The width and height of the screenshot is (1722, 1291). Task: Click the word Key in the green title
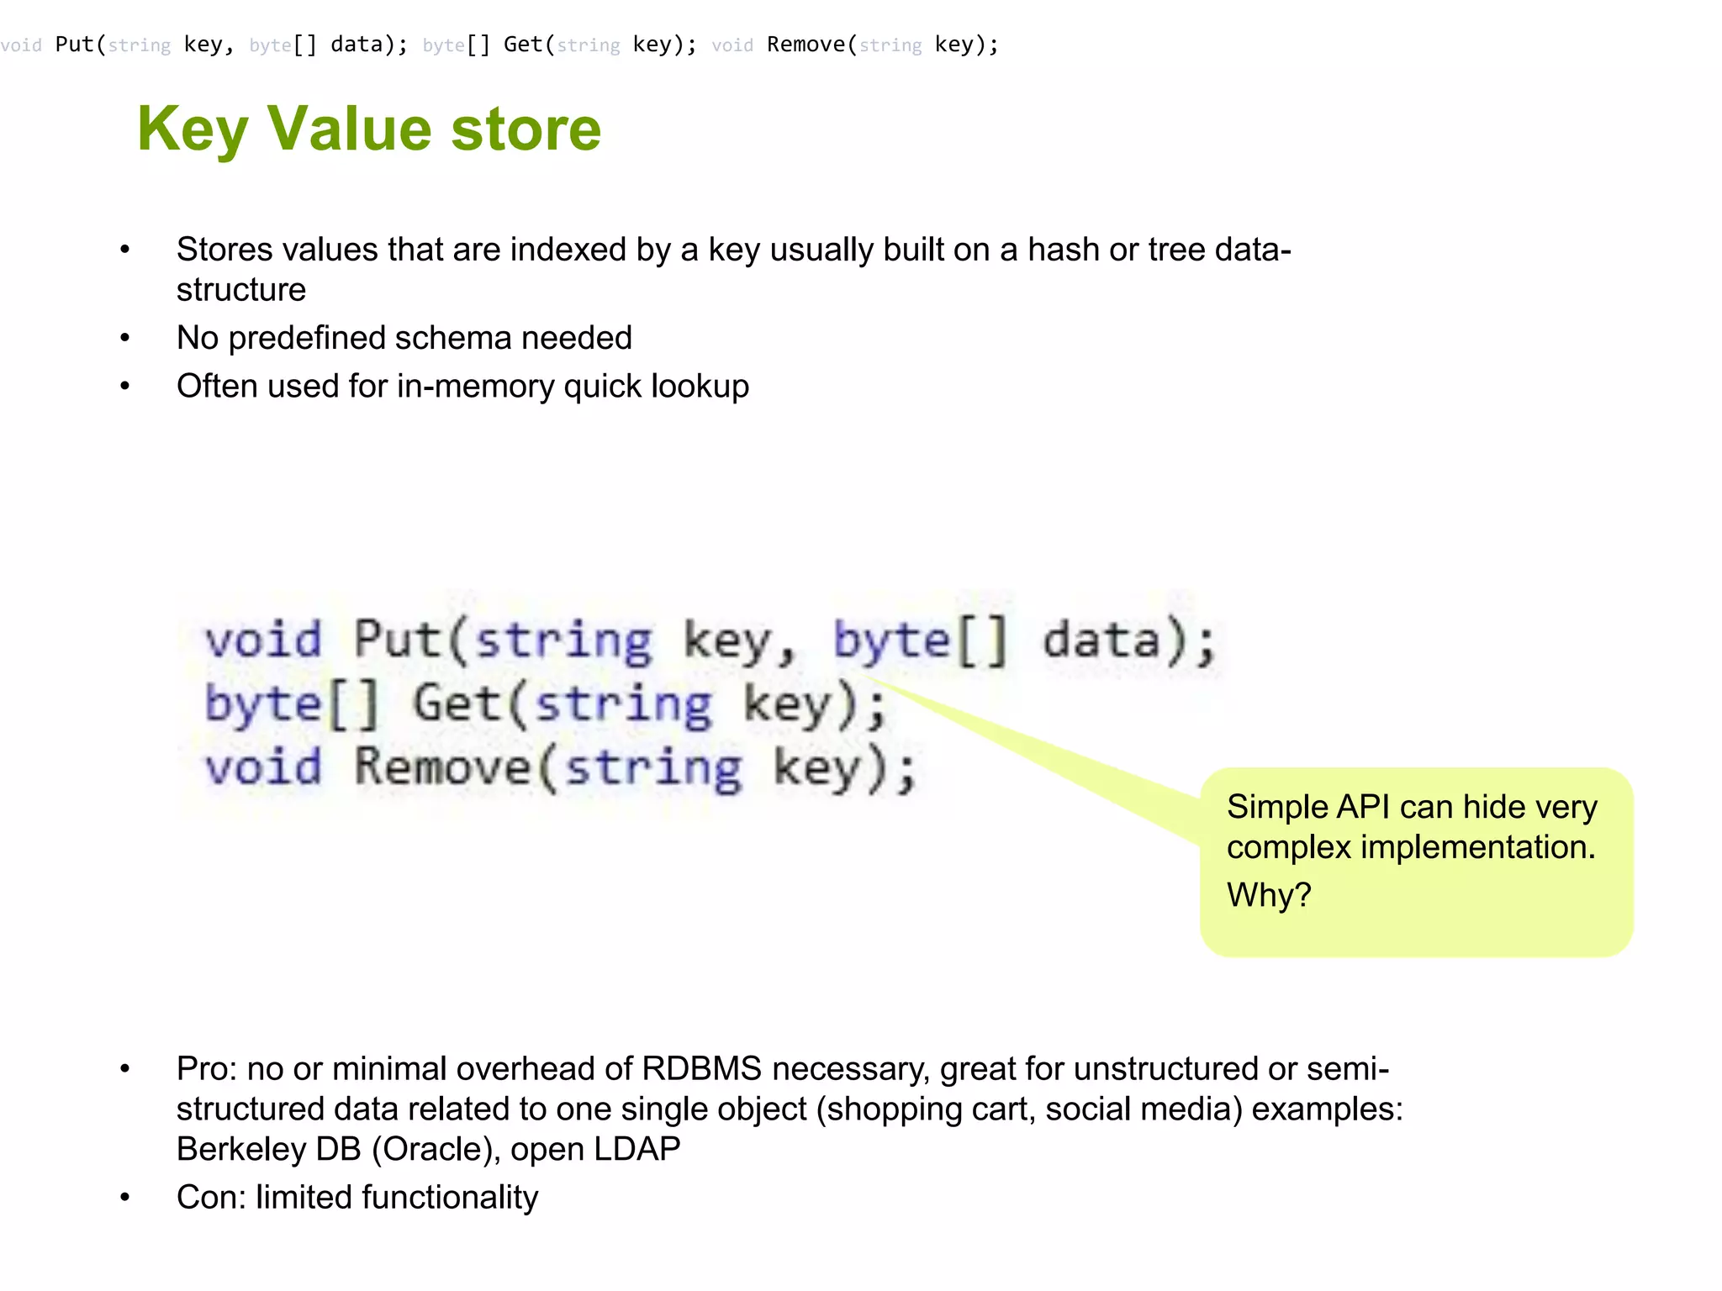pos(193,130)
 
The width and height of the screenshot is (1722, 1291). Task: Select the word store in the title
pos(526,130)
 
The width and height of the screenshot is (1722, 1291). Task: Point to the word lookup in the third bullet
pos(700,387)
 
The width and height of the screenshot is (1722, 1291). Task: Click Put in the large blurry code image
pos(398,640)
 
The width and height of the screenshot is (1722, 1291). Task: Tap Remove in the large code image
pos(442,767)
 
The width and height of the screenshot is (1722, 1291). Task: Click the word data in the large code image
pos(1101,640)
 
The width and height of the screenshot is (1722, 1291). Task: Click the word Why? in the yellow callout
pos(1269,895)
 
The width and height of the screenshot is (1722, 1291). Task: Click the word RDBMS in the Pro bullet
pos(701,1069)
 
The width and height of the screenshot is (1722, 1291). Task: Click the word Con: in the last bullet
pos(211,1198)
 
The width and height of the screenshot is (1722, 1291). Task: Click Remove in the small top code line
pos(806,45)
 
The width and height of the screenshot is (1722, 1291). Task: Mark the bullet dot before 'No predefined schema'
pos(125,339)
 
